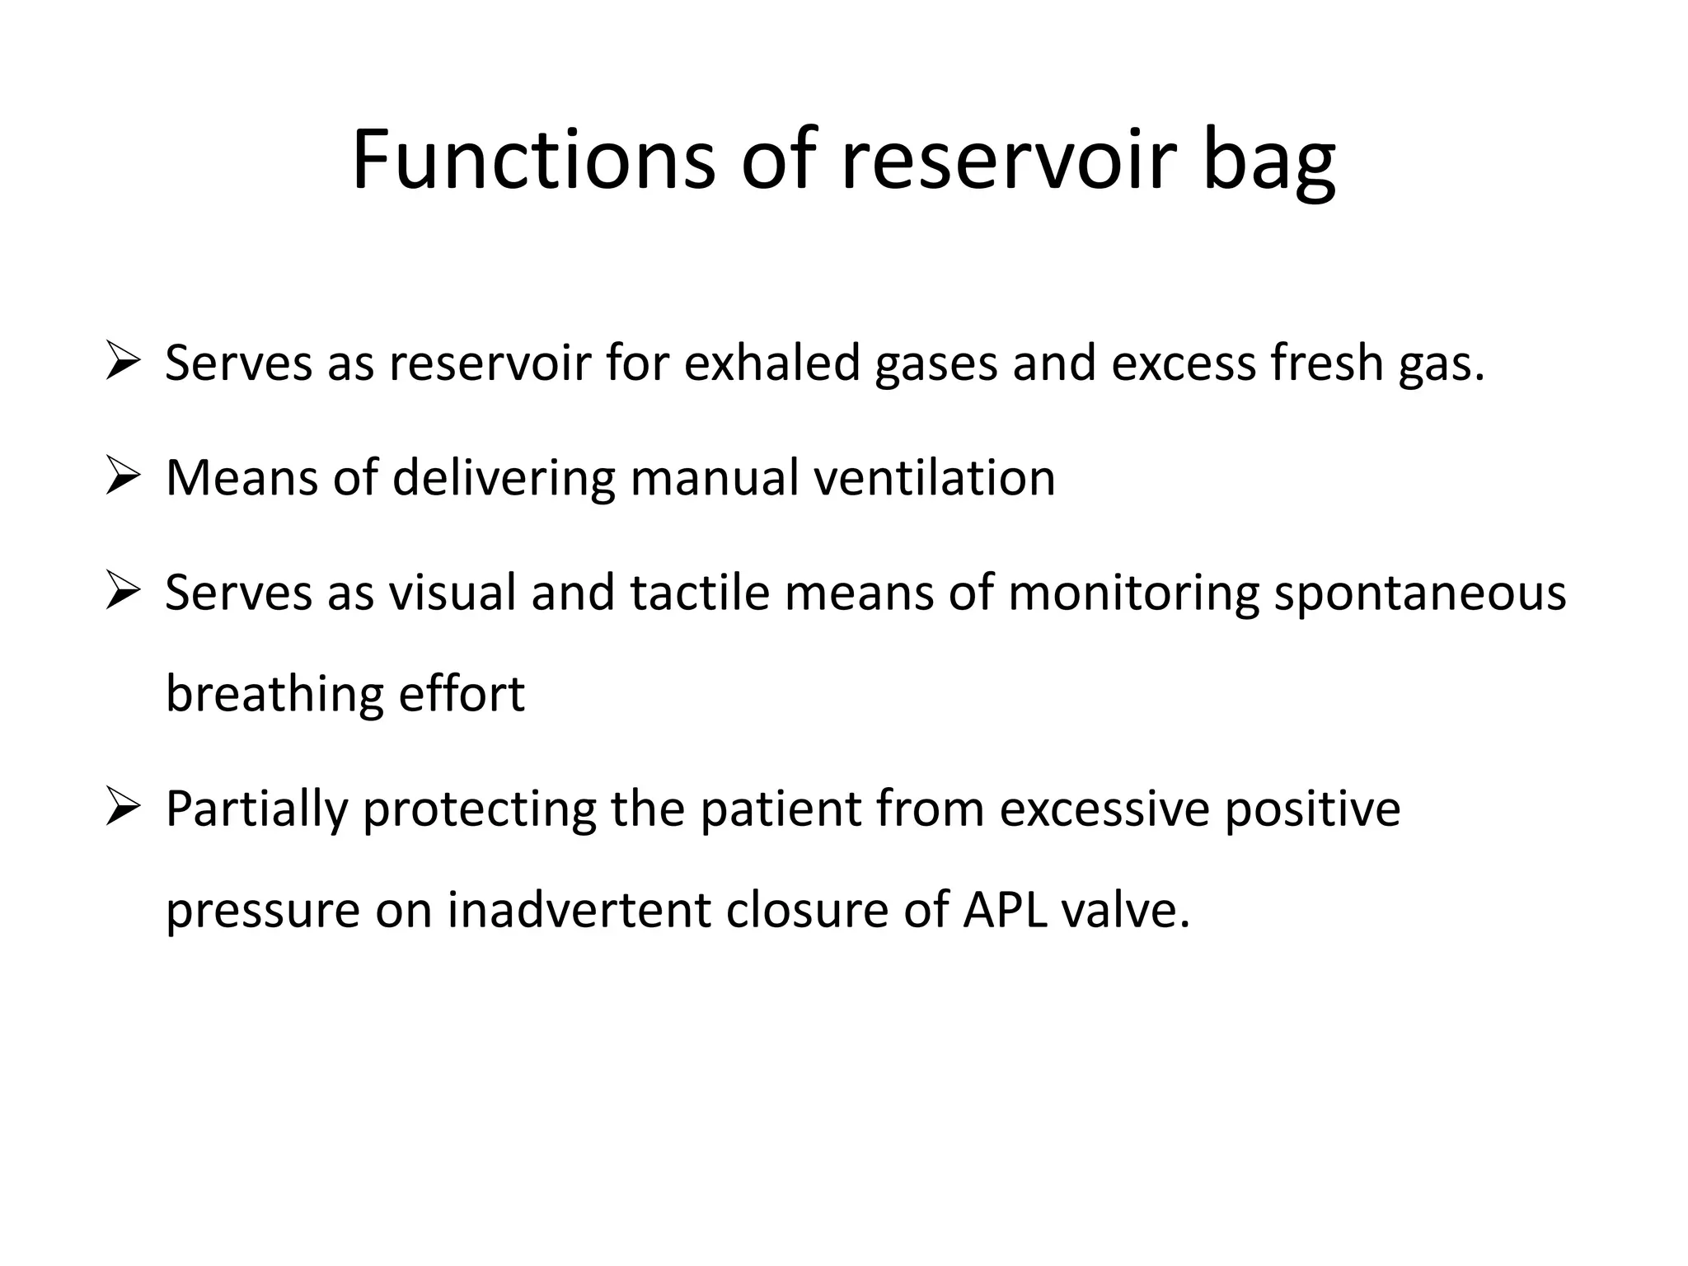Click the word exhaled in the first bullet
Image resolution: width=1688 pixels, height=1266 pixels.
tap(772, 363)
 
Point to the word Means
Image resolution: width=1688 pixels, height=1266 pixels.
tap(241, 477)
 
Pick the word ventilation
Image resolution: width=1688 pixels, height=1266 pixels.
tap(935, 477)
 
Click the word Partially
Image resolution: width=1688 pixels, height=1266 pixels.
tap(256, 809)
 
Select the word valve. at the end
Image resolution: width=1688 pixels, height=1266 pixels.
tap(1126, 910)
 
